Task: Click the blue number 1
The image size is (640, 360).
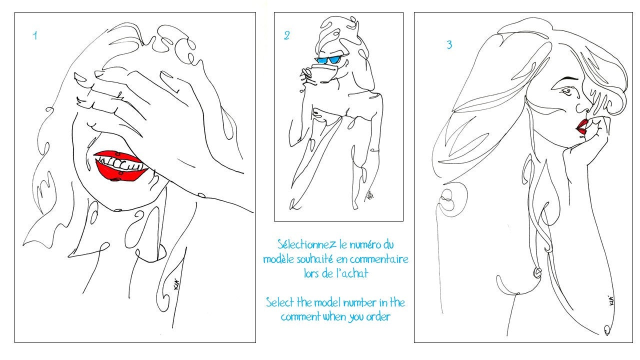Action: pyautogui.click(x=35, y=35)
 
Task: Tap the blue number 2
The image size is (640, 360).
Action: pyautogui.click(x=286, y=35)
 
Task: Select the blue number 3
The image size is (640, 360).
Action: pyautogui.click(x=449, y=45)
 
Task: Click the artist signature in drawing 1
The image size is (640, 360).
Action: pyautogui.click(x=177, y=284)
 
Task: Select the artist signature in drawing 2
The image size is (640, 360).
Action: pyautogui.click(x=369, y=195)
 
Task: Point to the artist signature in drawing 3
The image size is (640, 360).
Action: pyautogui.click(x=610, y=300)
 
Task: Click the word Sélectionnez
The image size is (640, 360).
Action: pyautogui.click(x=307, y=244)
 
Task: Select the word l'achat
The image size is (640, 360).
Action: pyautogui.click(x=352, y=273)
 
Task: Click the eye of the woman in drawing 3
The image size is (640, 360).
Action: pyautogui.click(x=567, y=91)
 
